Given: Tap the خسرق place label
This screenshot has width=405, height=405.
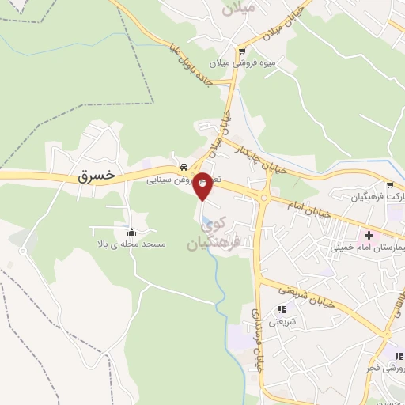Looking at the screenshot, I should (97, 173).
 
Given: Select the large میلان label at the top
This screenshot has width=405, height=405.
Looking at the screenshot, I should (240, 10).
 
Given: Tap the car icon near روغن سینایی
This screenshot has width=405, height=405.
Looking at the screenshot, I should (183, 167).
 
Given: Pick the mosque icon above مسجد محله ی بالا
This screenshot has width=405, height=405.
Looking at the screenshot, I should (131, 233).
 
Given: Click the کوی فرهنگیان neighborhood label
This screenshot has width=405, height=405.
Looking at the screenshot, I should (213, 234).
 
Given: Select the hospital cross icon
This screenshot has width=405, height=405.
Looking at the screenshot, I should (369, 234).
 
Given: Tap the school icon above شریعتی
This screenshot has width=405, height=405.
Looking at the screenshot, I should (282, 309).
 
